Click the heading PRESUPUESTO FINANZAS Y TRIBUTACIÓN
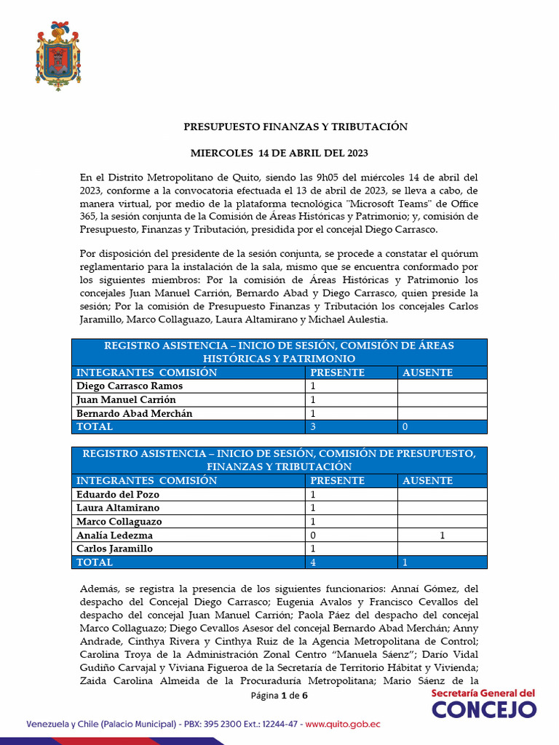tap(295, 127)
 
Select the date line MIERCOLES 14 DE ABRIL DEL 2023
tap(279, 153)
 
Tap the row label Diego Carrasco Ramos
tap(130, 386)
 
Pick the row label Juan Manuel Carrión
tap(126, 399)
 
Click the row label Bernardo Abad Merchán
tap(135, 413)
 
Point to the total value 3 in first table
tap(314, 427)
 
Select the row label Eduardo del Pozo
tap(117, 495)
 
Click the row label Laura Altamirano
tap(118, 508)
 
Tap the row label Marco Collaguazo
tap(119, 522)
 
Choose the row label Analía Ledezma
tap(114, 535)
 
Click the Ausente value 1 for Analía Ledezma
tap(442, 535)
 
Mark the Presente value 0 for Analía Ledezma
tap(314, 535)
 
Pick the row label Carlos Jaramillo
tap(114, 549)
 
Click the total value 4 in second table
tap(314, 562)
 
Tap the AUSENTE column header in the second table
tap(428, 481)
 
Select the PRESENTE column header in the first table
tap(338, 372)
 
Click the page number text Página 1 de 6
tap(279, 696)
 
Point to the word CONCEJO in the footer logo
tap(484, 709)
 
